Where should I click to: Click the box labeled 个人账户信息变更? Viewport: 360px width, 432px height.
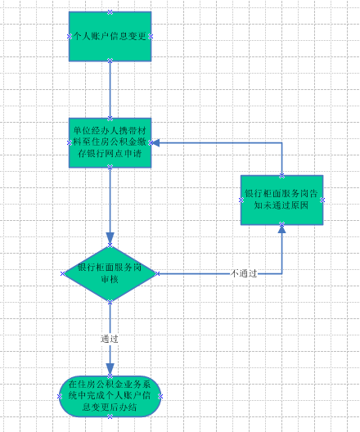[x=110, y=36]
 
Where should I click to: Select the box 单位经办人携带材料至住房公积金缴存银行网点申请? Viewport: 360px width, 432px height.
[x=110, y=142]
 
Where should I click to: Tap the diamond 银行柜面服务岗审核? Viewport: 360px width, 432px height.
[x=110, y=273]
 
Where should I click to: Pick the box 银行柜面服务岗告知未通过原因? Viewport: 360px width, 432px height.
[x=281, y=200]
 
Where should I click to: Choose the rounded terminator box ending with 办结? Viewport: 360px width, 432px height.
[x=110, y=396]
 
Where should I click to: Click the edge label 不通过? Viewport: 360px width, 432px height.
[x=244, y=273]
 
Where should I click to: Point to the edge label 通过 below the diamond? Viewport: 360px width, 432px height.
[x=110, y=339]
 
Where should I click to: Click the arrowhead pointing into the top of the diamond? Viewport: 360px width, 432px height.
[x=110, y=238]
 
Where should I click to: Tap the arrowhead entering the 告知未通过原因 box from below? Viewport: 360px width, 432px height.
[x=281, y=229]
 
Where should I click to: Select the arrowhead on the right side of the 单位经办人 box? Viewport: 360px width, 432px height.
[x=155, y=142]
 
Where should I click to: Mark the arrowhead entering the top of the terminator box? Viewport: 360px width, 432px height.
[x=110, y=370]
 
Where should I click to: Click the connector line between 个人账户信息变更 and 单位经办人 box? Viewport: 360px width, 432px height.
[x=110, y=89]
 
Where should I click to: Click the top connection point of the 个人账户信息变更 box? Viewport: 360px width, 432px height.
[x=110, y=11]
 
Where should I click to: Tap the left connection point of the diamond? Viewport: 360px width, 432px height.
[x=63, y=273]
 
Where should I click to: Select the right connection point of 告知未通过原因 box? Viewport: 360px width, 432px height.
[x=323, y=200]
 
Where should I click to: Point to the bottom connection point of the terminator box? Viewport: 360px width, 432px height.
[x=110, y=416]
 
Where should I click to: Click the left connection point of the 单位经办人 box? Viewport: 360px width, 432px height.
[x=69, y=142]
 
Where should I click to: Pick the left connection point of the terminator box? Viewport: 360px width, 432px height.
[x=59, y=396]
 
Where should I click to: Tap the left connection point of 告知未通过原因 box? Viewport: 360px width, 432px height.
[x=241, y=200]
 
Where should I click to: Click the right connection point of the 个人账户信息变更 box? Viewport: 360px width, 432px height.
[x=151, y=36]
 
